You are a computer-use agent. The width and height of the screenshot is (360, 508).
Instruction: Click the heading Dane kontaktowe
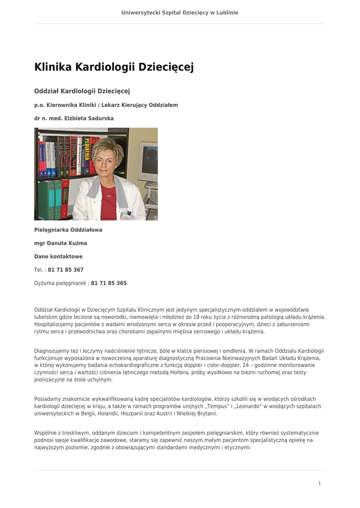[58, 256]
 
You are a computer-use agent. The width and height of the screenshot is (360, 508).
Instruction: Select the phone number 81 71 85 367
[66, 270]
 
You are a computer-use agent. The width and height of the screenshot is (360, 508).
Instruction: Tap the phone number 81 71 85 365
[109, 283]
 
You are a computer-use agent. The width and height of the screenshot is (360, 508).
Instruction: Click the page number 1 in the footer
[319, 483]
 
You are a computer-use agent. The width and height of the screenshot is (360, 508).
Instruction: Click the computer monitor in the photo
[148, 161]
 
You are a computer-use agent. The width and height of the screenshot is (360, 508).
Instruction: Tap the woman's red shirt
[108, 201]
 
